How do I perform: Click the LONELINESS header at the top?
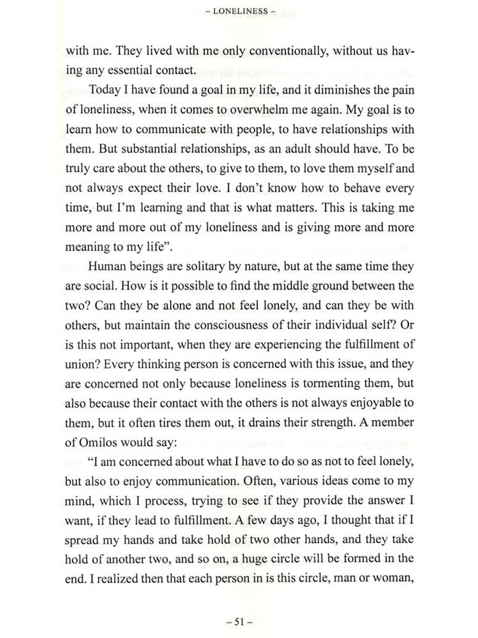click(240, 11)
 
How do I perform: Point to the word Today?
click(104, 90)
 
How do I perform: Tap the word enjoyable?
click(376, 403)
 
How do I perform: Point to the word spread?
click(82, 540)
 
